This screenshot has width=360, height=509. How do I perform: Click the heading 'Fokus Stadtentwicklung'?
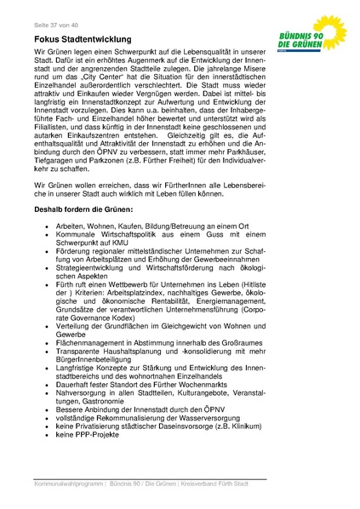(83, 39)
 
